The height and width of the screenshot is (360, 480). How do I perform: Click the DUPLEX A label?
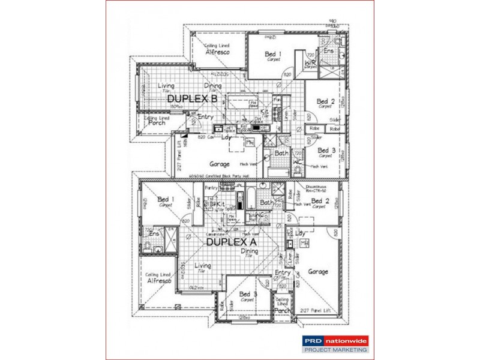point(231,242)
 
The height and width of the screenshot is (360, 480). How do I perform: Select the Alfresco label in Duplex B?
point(218,52)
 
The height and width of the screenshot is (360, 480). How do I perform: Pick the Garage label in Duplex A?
point(318,272)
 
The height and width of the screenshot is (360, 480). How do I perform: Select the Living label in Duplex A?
point(202,266)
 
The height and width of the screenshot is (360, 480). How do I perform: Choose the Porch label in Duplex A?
point(282,311)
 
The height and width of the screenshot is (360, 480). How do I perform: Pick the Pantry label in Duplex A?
point(211,188)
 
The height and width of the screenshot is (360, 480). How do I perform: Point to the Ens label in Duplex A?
point(154,235)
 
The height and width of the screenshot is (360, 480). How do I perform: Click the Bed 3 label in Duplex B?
point(326,151)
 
